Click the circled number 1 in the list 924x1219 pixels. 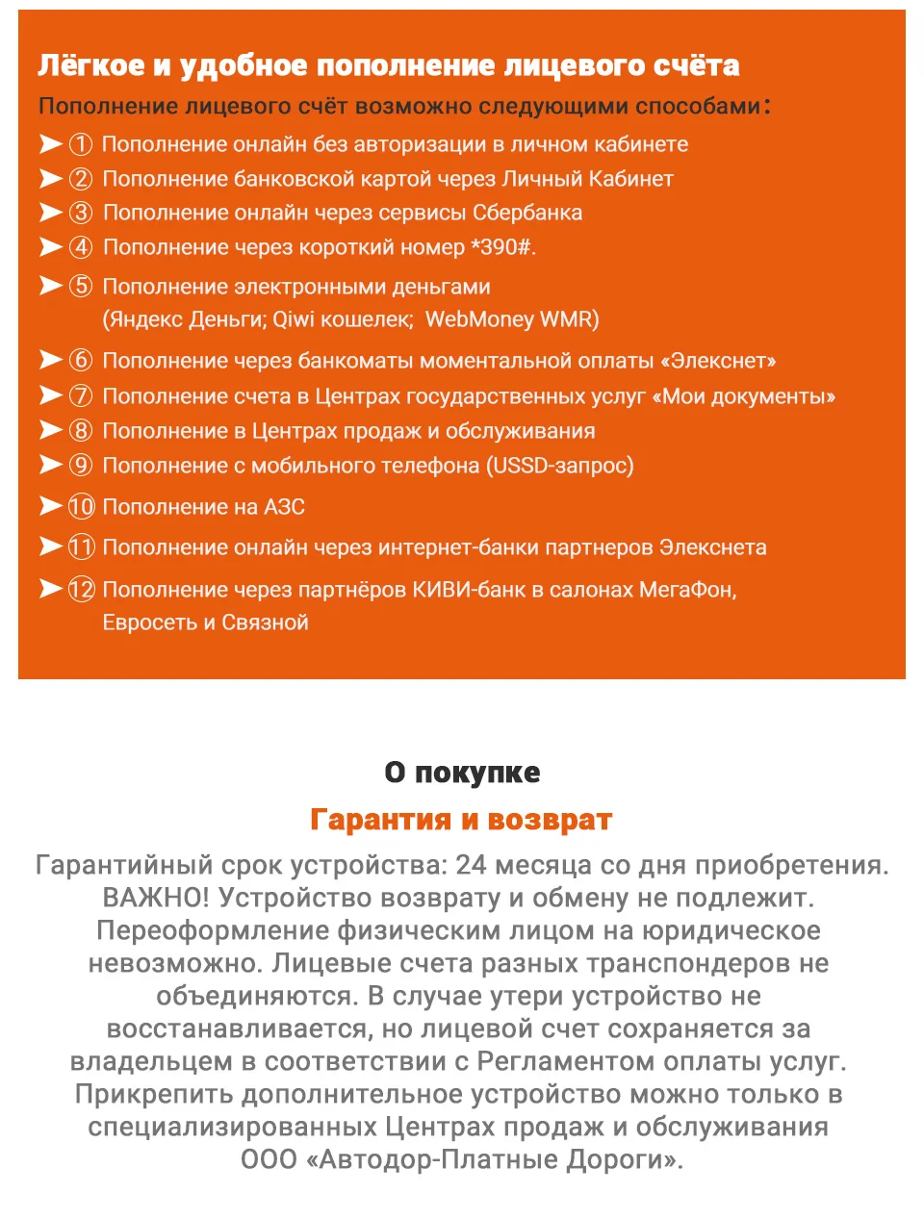[81, 144]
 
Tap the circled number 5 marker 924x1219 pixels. [81, 287]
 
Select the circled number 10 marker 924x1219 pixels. [81, 507]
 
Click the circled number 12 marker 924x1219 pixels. [81, 590]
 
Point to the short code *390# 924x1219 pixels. [501, 247]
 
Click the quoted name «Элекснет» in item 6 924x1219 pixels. [718, 361]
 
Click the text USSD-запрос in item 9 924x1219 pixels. [559, 466]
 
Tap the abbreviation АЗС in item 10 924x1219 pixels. [284, 507]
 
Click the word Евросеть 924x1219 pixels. [149, 622]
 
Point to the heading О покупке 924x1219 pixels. [462, 773]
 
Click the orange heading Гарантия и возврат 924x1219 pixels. [461, 820]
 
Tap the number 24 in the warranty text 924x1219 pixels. [472, 865]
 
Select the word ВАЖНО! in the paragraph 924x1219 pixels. [155, 898]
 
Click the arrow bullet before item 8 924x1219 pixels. [50, 430]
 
